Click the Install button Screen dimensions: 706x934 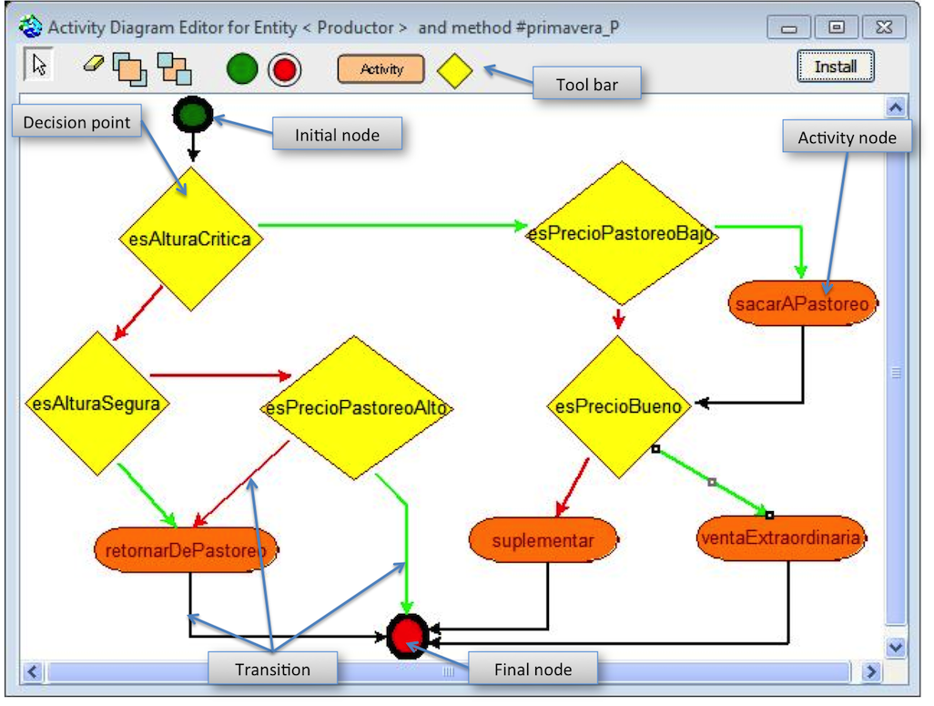pos(836,67)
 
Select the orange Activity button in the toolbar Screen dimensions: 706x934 pos(381,69)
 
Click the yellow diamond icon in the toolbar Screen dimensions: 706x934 pos(454,70)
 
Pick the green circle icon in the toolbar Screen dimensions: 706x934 pos(242,69)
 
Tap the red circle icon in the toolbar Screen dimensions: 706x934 pos(285,69)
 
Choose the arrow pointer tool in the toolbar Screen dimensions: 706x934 pos(38,65)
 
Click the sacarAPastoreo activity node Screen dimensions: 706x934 pos(802,303)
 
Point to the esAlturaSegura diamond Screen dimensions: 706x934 pos(96,403)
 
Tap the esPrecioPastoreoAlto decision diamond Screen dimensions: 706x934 pos(357,408)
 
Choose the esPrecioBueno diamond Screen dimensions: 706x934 pos(618,406)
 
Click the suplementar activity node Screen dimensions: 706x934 pos(543,540)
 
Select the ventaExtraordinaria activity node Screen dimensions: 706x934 pos(779,537)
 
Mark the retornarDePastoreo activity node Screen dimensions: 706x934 pos(186,549)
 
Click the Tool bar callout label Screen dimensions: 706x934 pos(586,85)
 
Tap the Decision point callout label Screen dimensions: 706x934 pos(76,122)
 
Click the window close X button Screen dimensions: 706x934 pos(880,27)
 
